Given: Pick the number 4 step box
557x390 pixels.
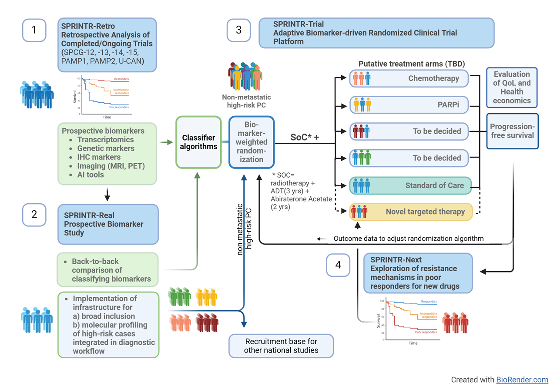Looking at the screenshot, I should coord(338,265).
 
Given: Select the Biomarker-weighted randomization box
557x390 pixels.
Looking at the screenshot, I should coord(252,142).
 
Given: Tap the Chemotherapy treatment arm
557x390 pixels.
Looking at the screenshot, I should coord(409,79).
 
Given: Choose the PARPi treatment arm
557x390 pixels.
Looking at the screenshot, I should coord(409,105).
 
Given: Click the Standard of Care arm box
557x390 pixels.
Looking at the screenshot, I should coord(409,185).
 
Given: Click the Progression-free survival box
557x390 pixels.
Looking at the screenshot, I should coord(512,131).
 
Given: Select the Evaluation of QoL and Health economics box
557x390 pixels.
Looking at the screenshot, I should coord(512,87).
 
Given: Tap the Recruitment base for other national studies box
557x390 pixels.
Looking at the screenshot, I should coord(281,346).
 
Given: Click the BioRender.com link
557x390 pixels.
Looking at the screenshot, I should coord(522,380).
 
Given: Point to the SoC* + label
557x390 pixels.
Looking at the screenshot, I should coord(305,137).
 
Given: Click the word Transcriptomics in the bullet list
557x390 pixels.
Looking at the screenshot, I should coord(105,140).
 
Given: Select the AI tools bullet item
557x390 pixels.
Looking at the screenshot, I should coord(91,175).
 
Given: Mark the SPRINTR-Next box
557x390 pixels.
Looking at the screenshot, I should coord(418,273).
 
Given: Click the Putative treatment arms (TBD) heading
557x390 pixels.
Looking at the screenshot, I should coord(412,64).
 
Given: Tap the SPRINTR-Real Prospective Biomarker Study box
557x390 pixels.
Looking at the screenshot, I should coord(108,224).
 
